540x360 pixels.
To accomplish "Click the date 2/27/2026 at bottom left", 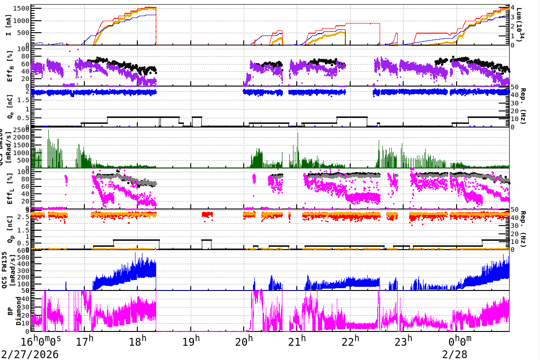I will coord(29,354).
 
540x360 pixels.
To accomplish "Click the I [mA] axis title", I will coord(9,24).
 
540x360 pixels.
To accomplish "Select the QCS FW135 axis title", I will coord(9,270).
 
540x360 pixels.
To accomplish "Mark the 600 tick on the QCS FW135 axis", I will coord(23,250).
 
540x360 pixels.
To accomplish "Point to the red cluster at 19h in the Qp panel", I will coord(207,214).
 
